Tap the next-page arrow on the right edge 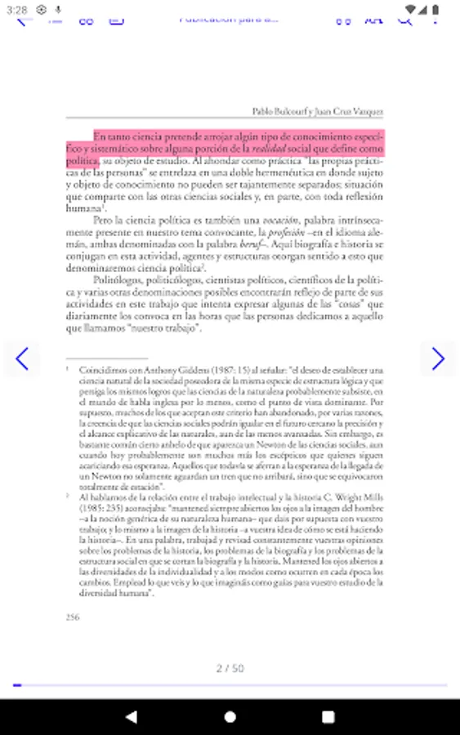point(438,359)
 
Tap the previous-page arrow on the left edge point(22,359)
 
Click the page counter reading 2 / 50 point(230,668)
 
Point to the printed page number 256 point(73,617)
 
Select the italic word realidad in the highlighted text point(269,149)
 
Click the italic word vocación point(279,220)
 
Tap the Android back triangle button point(132,716)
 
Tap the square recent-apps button point(328,716)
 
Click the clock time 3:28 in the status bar point(16,9)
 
